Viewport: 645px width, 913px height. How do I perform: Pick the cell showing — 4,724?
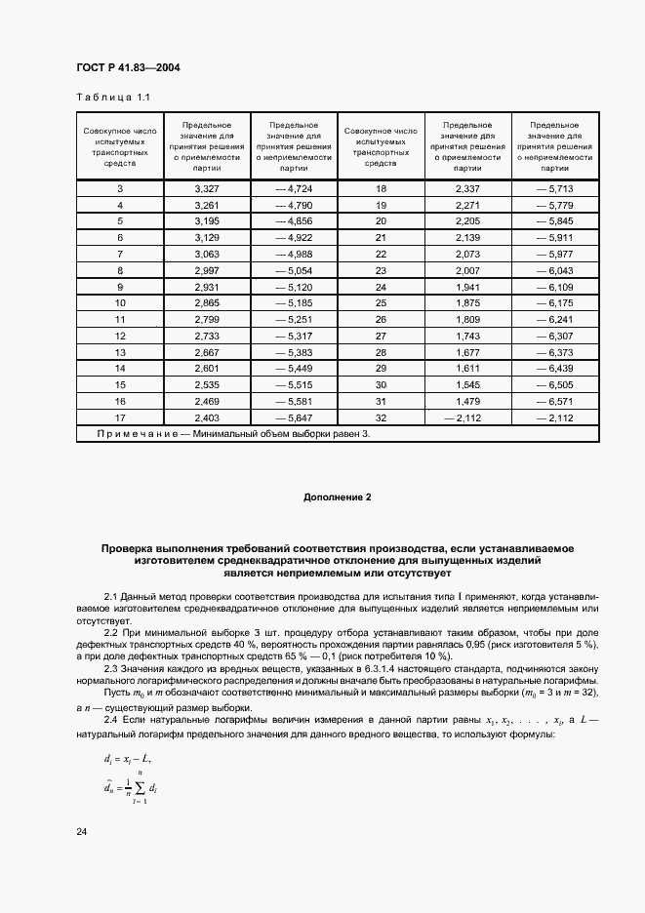click(x=292, y=188)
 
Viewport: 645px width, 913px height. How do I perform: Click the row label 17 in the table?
click(x=120, y=417)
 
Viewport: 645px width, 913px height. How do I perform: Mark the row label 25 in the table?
click(x=382, y=302)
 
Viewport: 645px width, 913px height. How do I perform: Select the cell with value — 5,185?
click(x=292, y=302)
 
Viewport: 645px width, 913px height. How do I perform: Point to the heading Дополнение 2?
click(x=338, y=497)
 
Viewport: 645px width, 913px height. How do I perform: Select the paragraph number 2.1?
click(x=111, y=595)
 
